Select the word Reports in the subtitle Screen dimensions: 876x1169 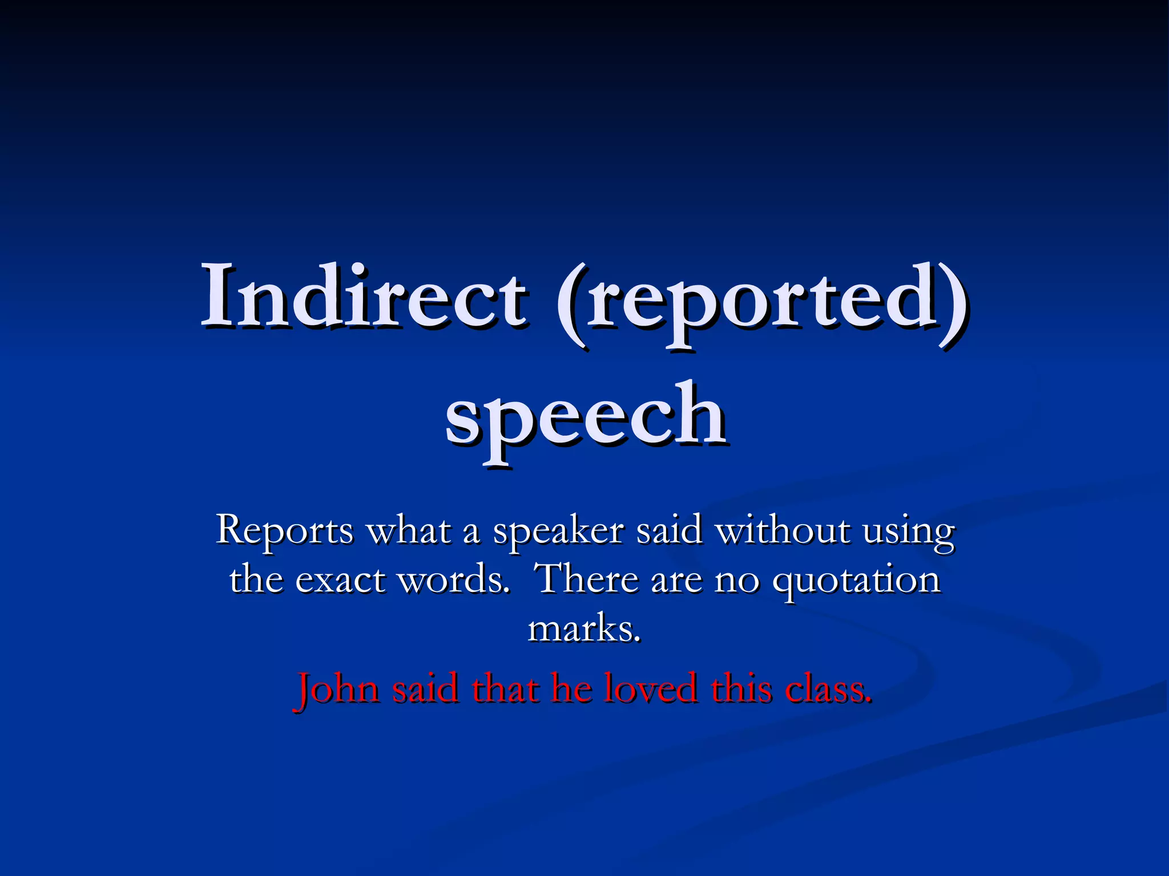tap(285, 530)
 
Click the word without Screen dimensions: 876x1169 tap(783, 530)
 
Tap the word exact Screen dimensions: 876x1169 tap(340, 580)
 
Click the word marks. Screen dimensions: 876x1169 tap(584, 629)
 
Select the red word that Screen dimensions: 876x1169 tap(505, 688)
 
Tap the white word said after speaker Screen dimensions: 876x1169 tap(668, 530)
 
